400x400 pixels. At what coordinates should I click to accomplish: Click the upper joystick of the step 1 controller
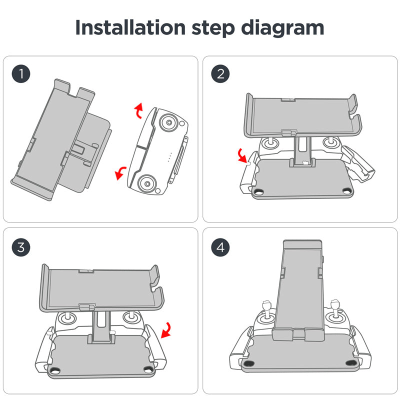click(x=168, y=122)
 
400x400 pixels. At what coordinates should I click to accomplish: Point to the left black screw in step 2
click(x=259, y=192)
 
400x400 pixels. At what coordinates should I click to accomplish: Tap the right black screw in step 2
click(x=346, y=189)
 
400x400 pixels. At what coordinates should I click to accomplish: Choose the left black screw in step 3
click(x=55, y=370)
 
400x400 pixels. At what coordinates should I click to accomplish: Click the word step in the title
click(x=214, y=28)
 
